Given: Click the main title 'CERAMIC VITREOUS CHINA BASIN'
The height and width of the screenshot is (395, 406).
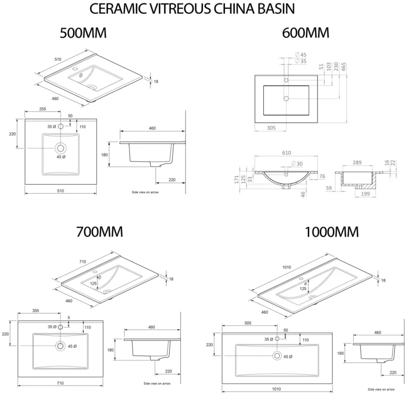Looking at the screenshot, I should point(192,9).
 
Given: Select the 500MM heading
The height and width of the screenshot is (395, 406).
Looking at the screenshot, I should point(83,33).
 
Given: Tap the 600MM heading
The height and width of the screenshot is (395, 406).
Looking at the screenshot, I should point(306,33).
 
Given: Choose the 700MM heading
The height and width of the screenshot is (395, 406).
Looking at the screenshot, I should point(99,232).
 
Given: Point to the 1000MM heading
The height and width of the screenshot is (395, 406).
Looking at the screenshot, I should point(332,232).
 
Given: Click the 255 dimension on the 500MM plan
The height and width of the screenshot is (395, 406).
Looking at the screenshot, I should point(42,109).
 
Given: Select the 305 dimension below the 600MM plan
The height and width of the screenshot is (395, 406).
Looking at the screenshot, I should point(271,127).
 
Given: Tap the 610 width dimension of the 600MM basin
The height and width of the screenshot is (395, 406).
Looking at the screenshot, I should point(286,153).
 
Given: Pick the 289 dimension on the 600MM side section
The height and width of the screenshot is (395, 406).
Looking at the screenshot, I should point(357,162).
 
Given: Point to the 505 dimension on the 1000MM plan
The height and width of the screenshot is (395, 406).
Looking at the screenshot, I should point(248,323).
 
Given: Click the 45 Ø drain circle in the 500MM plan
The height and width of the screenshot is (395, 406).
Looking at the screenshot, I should point(60,148).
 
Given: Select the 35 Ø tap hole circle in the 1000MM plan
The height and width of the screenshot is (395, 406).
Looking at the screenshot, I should point(277,339).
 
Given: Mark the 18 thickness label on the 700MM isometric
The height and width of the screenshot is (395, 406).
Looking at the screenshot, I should point(171,279).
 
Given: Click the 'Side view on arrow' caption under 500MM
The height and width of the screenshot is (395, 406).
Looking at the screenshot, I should point(145,192).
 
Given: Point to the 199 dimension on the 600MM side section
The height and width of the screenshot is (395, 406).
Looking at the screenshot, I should point(365,194).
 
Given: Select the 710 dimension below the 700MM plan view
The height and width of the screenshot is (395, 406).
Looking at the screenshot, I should point(60,383).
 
